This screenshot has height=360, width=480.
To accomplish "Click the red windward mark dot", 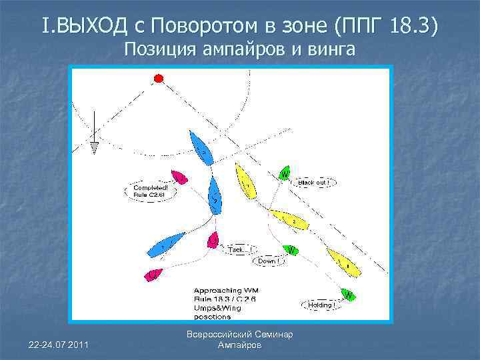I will tap(159, 79).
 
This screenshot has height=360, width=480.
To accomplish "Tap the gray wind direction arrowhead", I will tap(95, 147).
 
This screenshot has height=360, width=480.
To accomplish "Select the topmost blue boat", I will tap(201, 149).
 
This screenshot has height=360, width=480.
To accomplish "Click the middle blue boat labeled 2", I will tap(213, 195).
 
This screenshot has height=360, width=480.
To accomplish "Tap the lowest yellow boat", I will tap(343, 263).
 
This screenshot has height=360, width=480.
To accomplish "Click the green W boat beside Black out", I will tap(285, 173).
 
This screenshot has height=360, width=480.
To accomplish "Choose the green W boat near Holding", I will tap(347, 293).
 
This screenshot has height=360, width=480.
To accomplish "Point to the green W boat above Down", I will tap(291, 250).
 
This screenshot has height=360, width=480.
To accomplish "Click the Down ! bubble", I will tap(267, 261).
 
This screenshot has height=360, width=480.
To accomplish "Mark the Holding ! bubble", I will tap(322, 305).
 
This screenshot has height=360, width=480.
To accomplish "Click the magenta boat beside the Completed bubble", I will tap(179, 177).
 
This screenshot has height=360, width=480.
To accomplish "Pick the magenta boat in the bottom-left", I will tap(153, 274).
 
